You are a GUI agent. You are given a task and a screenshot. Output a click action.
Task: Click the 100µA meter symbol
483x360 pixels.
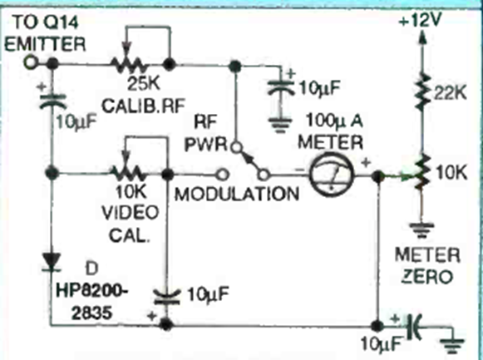click(x=331, y=174)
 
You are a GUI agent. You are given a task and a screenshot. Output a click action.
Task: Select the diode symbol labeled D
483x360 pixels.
click(x=52, y=263)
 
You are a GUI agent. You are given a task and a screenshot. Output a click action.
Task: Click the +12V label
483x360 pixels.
click(x=420, y=21)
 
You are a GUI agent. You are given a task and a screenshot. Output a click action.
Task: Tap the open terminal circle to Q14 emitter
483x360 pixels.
click(x=30, y=63)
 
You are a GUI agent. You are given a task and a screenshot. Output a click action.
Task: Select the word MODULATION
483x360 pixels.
click(x=237, y=195)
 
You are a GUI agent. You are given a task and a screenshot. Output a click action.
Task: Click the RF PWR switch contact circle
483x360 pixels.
click(x=236, y=147)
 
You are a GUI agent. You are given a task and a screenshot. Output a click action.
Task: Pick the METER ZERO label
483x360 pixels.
click(x=427, y=265)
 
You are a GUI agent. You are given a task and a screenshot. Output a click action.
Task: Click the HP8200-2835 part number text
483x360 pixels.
click(x=91, y=302)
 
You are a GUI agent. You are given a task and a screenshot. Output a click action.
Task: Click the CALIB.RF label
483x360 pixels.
click(x=144, y=106)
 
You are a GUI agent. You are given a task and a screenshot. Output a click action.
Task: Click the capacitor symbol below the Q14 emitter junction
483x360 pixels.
click(x=52, y=100)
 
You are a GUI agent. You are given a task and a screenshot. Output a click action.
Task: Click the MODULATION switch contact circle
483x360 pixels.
click(x=223, y=175)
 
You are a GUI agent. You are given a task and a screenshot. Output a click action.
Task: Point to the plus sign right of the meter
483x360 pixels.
click(x=366, y=163)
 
